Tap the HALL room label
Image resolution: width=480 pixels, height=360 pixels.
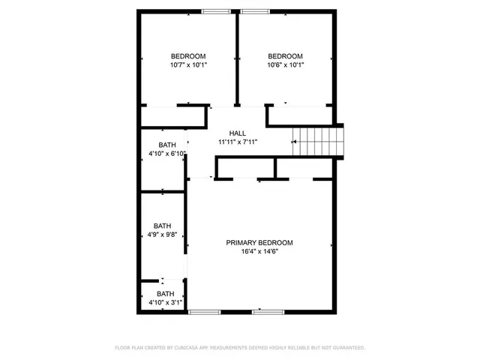pyautogui.click(x=237, y=133)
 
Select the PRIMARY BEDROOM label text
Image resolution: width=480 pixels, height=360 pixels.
pyautogui.click(x=259, y=242)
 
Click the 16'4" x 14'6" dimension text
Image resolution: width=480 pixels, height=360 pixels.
pyautogui.click(x=259, y=252)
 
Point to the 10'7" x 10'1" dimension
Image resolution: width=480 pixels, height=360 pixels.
pyautogui.click(x=188, y=65)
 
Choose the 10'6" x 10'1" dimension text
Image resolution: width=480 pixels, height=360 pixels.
pyautogui.click(x=285, y=65)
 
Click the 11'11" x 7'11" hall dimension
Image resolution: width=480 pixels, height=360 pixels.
pyautogui.click(x=238, y=142)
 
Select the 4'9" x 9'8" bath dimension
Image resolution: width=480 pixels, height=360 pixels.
pyautogui.click(x=163, y=235)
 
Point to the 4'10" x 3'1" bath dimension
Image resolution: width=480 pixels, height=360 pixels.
pyautogui.click(x=166, y=302)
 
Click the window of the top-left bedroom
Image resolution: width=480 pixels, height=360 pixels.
pyautogui.click(x=216, y=11)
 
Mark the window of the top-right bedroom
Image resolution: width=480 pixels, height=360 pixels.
pyautogui.click(x=255, y=11)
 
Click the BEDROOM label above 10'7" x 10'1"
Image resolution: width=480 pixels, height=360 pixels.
pyautogui.click(x=188, y=56)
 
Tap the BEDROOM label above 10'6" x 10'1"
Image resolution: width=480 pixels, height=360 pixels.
pyautogui.click(x=285, y=56)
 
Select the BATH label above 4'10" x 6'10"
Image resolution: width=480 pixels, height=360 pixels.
pyautogui.click(x=167, y=145)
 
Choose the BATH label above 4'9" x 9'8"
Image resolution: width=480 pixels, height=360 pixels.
pyautogui.click(x=163, y=226)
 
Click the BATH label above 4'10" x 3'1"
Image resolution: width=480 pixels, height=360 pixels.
pyautogui.click(x=166, y=293)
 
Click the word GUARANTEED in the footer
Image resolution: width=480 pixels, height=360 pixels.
pyautogui.click(x=348, y=348)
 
